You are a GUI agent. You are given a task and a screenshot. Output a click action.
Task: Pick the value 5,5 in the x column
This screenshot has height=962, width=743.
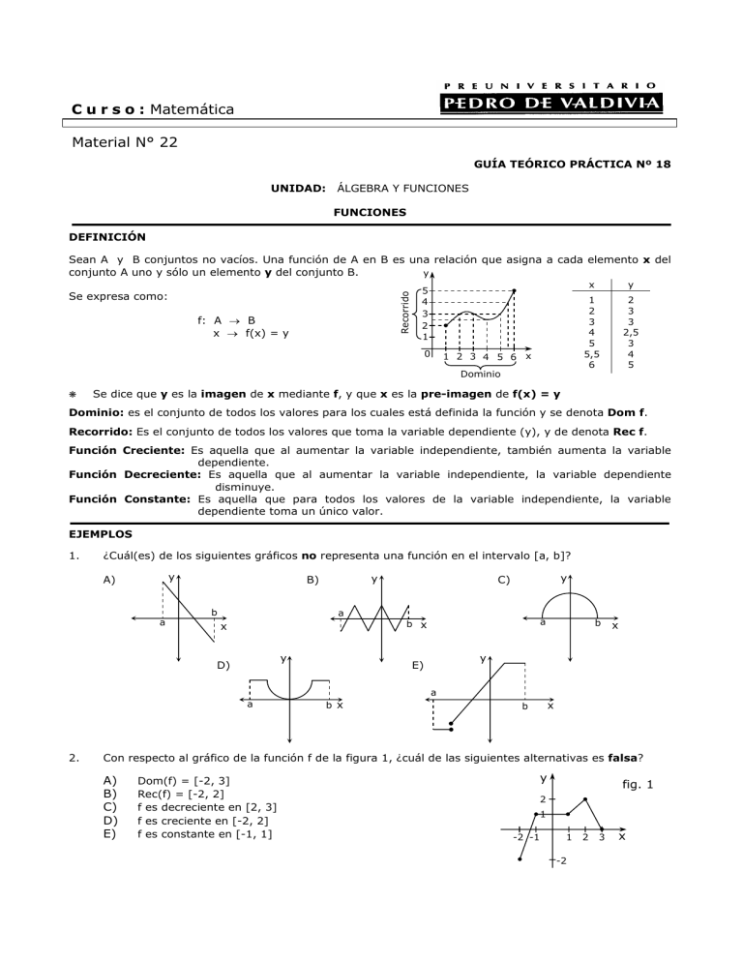591,353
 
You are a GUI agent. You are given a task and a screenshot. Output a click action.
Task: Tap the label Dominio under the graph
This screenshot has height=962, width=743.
480,373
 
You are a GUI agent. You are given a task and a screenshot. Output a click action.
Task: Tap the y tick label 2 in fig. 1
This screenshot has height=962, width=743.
543,799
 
